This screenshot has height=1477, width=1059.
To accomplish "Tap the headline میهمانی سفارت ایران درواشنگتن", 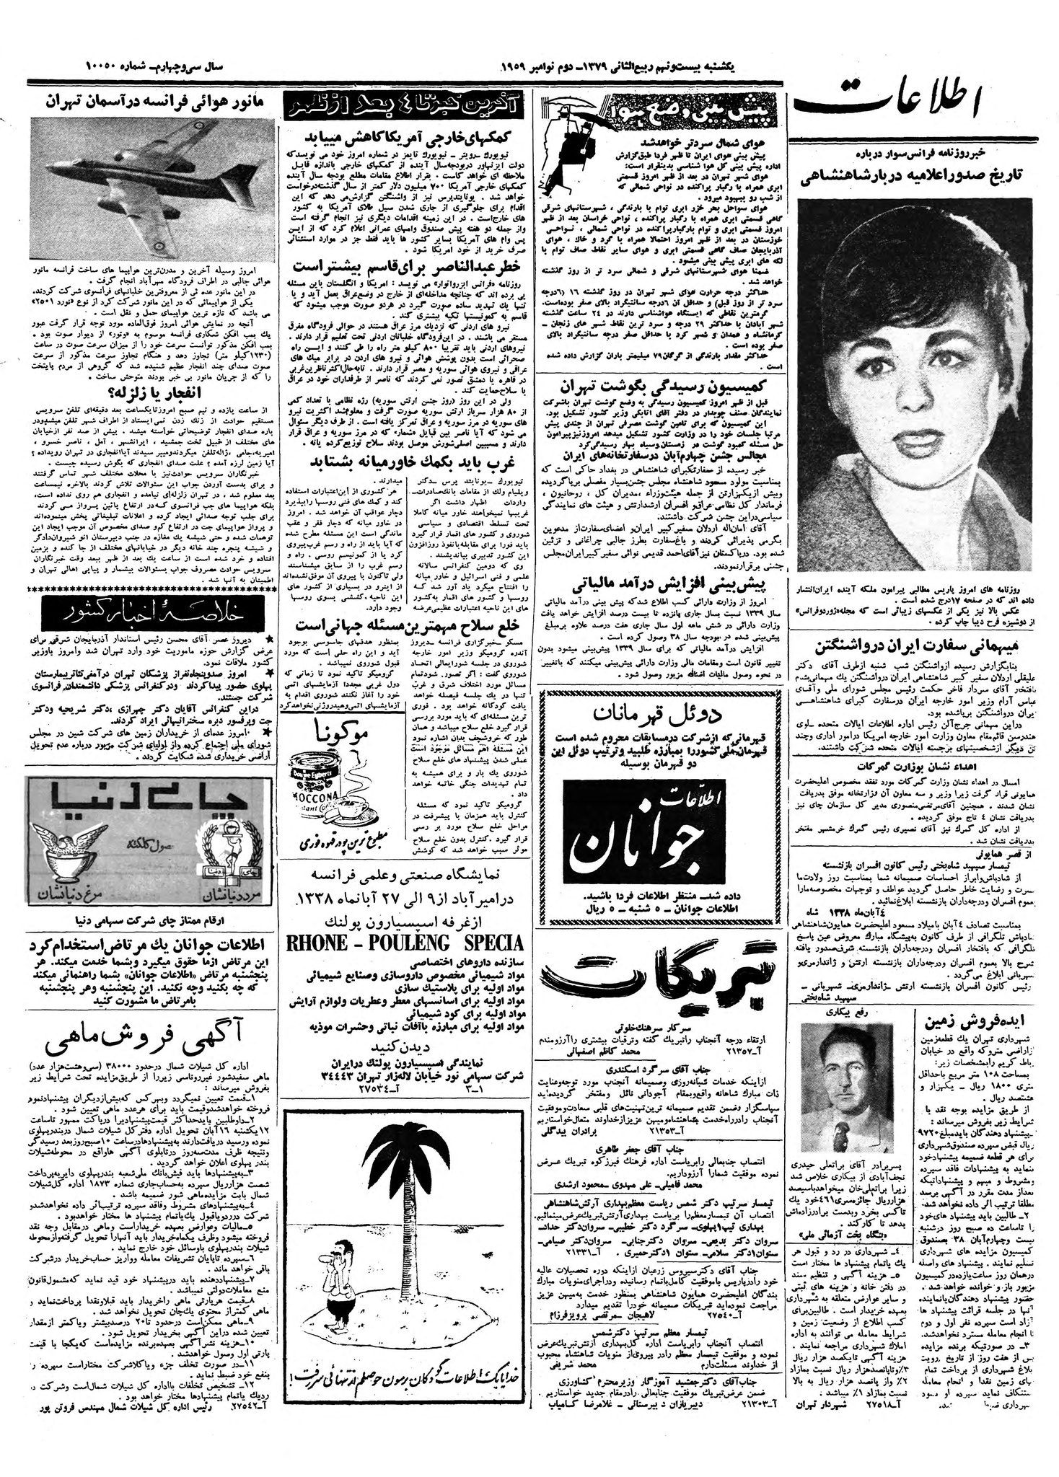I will click(x=916, y=645).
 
